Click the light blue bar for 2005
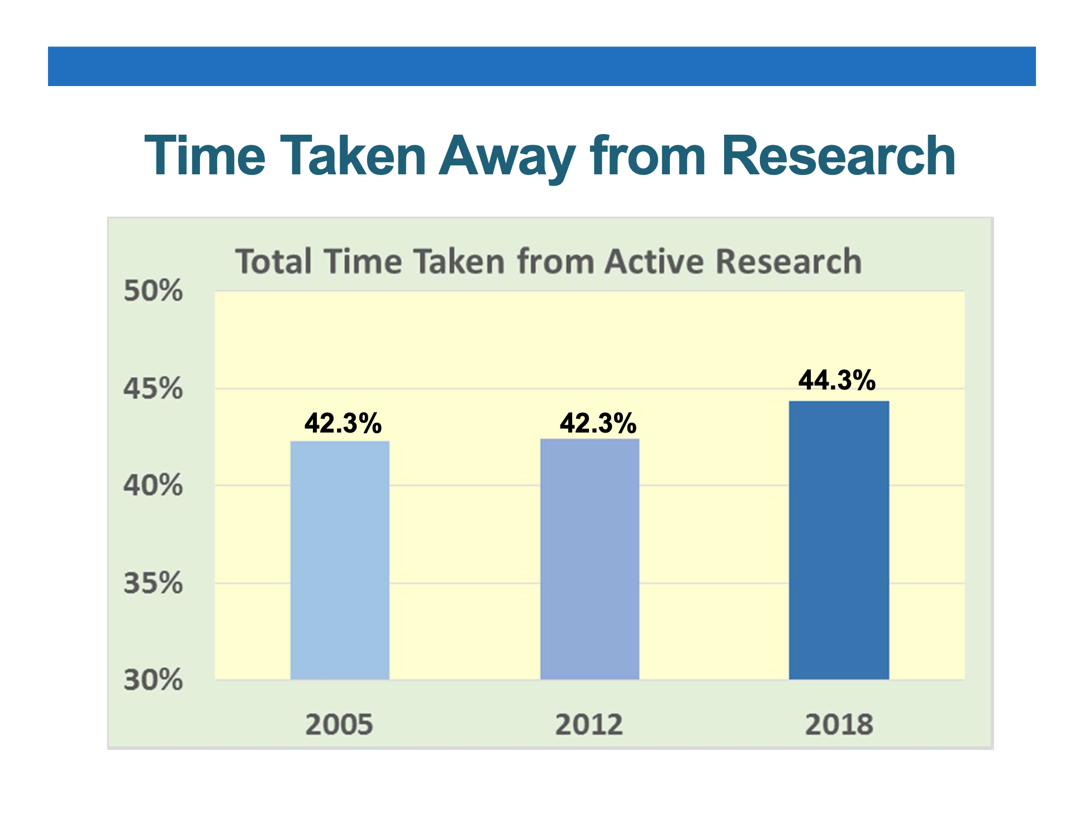click(340, 560)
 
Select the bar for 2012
click(589, 559)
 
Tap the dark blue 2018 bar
click(839, 540)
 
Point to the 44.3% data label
click(836, 380)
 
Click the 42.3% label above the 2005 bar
click(343, 423)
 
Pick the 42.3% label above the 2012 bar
click(598, 423)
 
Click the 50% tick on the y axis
click(153, 291)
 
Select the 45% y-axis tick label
click(153, 388)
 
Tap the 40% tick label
click(153, 485)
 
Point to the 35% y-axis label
click(153, 583)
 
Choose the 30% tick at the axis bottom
click(153, 680)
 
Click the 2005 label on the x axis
click(339, 724)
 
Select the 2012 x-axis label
click(589, 724)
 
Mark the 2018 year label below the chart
click(839, 724)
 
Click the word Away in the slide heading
click(507, 157)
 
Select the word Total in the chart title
click(273, 262)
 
